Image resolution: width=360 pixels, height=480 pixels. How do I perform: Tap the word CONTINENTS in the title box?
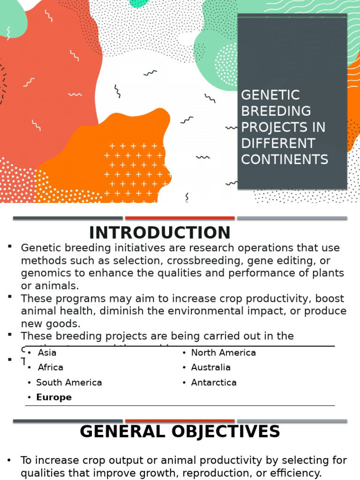point(285,159)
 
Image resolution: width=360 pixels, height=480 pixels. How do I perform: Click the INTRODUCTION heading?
point(160,232)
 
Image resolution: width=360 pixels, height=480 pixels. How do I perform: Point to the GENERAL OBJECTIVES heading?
point(180,431)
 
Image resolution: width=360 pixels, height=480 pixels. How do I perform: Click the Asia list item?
point(47,352)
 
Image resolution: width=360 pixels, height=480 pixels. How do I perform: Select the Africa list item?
point(50,367)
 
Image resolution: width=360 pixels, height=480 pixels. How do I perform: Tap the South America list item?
point(69,382)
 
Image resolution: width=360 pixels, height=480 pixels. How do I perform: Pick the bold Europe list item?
point(54,397)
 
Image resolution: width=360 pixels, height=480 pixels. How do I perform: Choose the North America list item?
point(223,352)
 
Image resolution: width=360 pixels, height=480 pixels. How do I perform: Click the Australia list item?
point(210,367)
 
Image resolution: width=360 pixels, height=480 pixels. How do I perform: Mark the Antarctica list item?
point(213,382)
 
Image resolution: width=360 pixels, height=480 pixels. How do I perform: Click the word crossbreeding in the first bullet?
point(174,261)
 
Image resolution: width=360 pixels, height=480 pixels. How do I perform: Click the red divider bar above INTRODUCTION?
point(180,218)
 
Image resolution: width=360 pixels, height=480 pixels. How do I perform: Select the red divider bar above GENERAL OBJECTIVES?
point(180,421)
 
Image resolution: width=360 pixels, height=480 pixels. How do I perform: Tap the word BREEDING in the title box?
point(276,111)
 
